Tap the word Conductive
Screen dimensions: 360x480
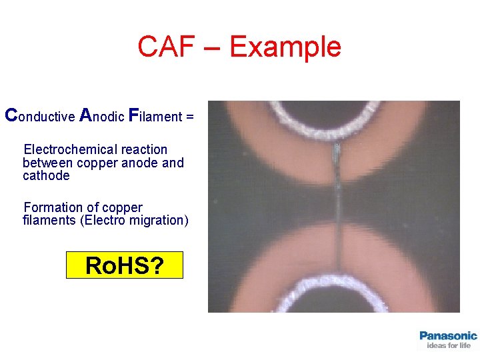coord(39,116)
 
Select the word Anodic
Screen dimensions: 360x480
coord(101,116)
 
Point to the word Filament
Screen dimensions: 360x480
coord(154,116)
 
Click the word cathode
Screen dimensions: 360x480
coord(46,176)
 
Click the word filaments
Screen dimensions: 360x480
coord(49,221)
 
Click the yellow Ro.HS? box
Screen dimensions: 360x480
coord(124,265)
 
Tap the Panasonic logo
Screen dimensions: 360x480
coord(448,335)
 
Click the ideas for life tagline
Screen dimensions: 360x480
coord(448,345)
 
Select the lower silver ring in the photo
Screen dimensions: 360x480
coord(333,287)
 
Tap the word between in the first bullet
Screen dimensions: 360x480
coord(47,163)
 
